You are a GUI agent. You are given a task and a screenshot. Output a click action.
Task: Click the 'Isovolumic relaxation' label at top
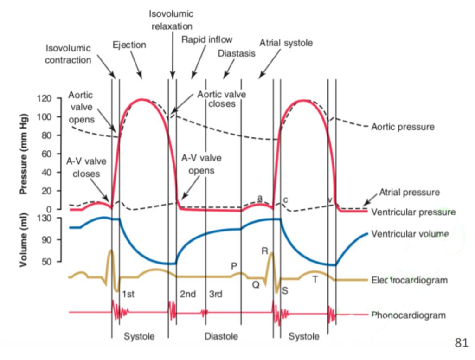click(172, 20)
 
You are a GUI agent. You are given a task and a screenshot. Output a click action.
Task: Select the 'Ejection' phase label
click(129, 45)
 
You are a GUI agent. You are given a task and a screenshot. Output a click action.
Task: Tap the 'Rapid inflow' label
click(207, 39)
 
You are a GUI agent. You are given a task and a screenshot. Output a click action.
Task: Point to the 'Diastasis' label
click(237, 53)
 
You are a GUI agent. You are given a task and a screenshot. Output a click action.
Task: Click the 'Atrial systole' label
click(286, 43)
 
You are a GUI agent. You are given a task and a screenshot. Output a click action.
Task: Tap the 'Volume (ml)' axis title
click(23, 240)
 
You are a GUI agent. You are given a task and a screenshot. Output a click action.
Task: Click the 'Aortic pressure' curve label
click(403, 127)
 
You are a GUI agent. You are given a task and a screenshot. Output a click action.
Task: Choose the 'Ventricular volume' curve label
click(410, 234)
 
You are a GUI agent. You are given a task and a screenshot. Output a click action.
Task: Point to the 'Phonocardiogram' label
click(408, 315)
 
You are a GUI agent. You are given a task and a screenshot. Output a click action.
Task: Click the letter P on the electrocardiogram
click(234, 266)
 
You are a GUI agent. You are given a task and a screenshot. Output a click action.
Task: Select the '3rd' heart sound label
click(216, 294)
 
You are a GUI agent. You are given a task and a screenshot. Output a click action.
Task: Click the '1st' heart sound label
click(128, 294)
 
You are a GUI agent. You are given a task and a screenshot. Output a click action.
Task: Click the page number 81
click(461, 343)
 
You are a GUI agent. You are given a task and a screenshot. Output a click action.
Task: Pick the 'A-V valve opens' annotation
click(201, 164)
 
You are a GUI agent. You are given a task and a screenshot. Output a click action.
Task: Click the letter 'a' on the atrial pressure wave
click(260, 199)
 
